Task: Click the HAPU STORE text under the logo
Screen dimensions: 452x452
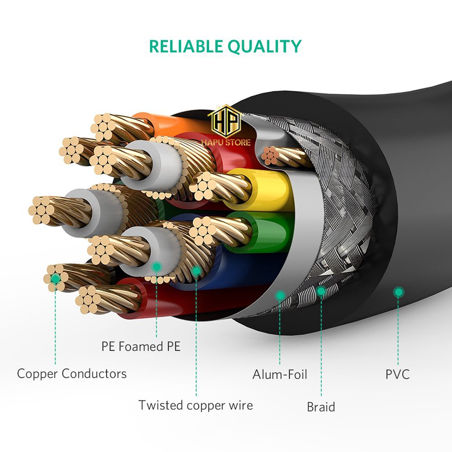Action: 226,142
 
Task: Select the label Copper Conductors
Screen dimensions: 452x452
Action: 72,374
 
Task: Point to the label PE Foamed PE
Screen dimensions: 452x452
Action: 141,347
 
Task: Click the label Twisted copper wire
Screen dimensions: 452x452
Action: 196,405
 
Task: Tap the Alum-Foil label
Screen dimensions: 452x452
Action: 280,375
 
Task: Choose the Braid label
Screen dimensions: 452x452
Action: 321,407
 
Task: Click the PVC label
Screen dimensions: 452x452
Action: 398,374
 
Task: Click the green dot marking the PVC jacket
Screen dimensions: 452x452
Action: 398,292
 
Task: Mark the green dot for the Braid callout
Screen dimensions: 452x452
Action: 321,291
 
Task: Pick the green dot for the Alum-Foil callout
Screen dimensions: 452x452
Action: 280,296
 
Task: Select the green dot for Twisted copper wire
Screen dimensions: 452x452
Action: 196,271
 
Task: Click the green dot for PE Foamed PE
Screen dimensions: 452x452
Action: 156,267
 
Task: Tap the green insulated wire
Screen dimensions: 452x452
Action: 271,231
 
